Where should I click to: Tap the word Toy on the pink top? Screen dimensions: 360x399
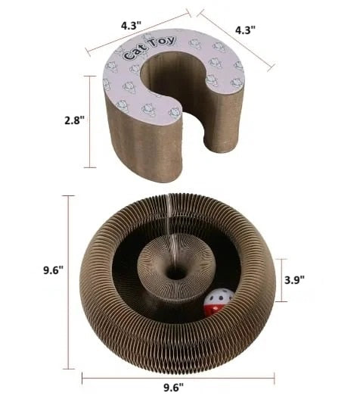[163, 42]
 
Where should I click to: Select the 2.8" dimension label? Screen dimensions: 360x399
[74, 120]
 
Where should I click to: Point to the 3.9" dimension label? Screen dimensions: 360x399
[294, 280]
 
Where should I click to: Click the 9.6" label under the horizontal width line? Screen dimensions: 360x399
[173, 388]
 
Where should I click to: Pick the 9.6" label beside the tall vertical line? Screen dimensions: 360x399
[53, 270]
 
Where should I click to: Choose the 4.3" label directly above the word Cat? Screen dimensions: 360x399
[131, 26]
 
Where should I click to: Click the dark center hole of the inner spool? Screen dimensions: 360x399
[176, 274]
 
